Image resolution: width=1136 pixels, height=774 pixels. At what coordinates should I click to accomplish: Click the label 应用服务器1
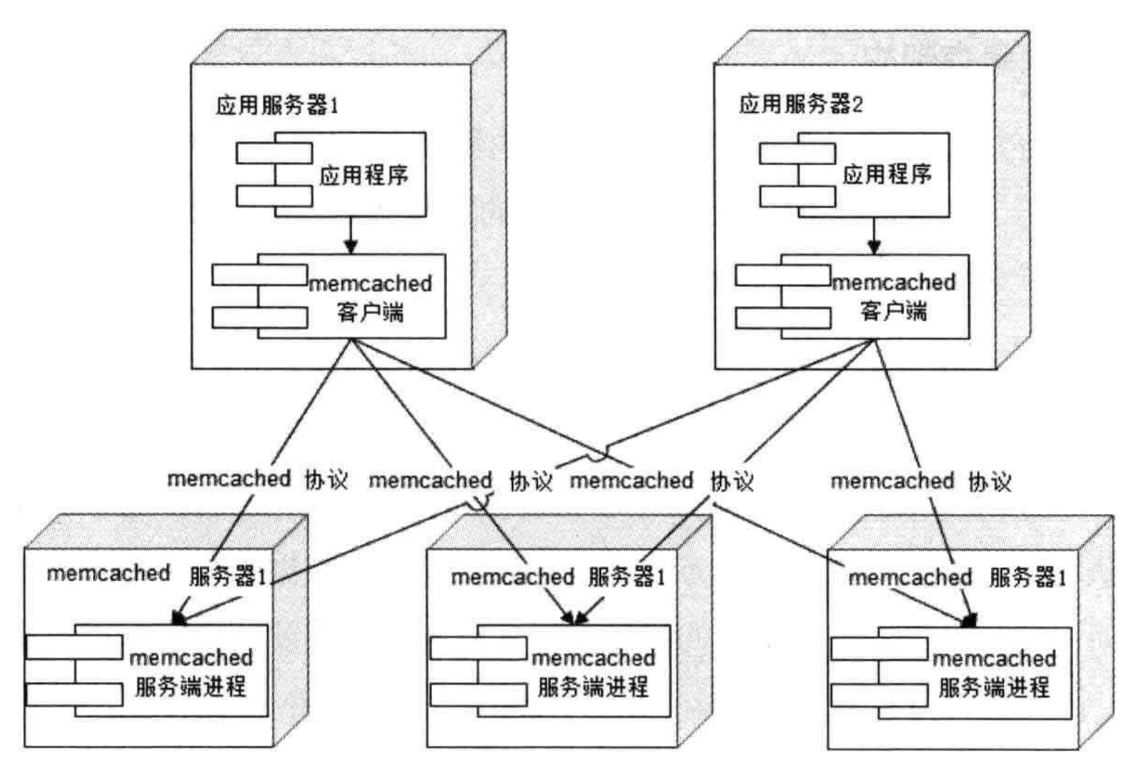[276, 105]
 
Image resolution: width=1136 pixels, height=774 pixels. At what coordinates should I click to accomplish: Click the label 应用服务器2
[800, 104]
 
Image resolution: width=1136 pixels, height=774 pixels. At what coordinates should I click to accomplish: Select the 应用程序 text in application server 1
[364, 175]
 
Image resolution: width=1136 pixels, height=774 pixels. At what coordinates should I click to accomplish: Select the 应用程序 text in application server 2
[887, 175]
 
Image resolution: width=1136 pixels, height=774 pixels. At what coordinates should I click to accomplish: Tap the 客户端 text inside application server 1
[370, 312]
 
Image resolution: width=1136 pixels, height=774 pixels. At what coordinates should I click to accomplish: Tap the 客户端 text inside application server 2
[893, 311]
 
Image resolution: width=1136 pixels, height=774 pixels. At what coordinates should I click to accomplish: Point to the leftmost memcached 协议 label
[257, 479]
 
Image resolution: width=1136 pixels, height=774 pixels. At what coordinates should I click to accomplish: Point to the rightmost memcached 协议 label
[921, 481]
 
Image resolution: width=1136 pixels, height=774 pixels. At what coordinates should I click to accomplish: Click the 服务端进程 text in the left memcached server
[190, 687]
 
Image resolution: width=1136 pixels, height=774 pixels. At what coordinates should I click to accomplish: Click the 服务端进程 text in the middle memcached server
[593, 687]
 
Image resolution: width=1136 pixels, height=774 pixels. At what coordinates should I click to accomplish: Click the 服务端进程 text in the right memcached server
[994, 688]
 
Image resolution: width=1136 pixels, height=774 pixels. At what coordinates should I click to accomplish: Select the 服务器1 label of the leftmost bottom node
[228, 576]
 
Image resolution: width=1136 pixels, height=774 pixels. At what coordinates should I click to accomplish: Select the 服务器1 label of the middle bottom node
[627, 577]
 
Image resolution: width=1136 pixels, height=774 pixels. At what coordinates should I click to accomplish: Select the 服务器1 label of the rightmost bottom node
[1027, 578]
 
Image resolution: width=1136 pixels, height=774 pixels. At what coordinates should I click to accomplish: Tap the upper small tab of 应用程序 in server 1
[274, 153]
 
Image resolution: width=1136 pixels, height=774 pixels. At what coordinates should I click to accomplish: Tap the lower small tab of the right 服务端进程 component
[879, 695]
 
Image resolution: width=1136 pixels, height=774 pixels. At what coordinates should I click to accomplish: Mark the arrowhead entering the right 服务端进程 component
[970, 620]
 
